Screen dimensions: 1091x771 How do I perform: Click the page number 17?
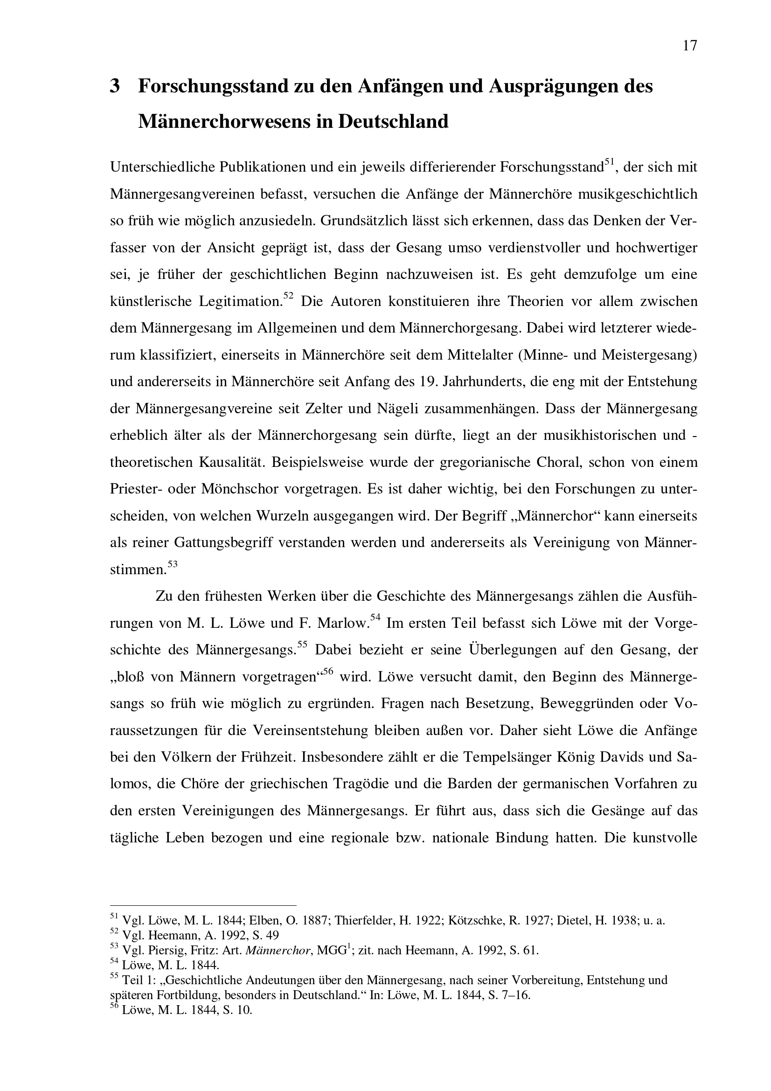[690, 46]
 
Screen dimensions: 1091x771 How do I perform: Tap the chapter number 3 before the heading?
[114, 86]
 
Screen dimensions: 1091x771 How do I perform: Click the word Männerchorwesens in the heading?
[227, 122]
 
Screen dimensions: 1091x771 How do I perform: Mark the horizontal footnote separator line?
[203, 906]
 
